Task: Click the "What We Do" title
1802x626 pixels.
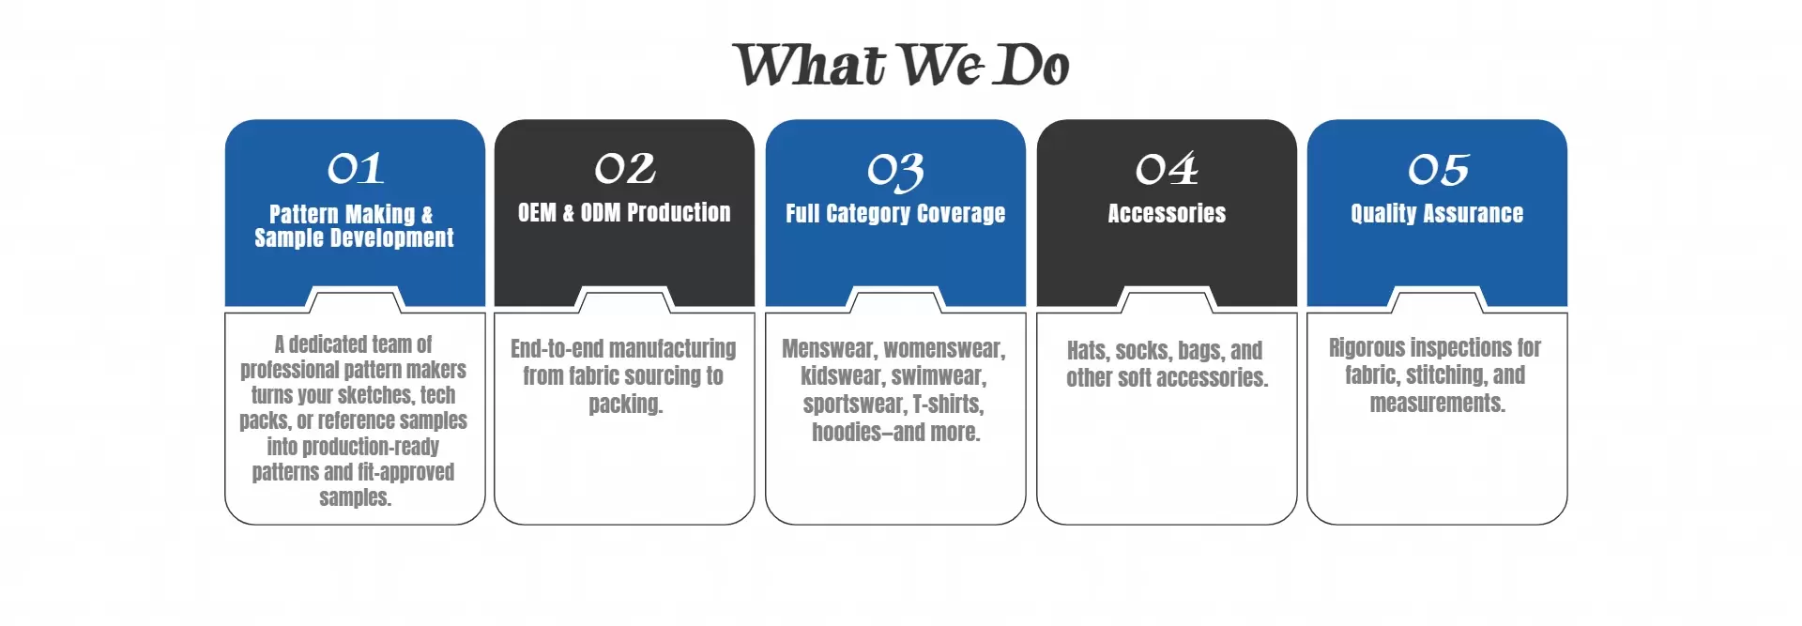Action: pos(901,65)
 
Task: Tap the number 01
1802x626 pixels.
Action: pos(356,169)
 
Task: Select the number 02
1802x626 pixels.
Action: pos(625,169)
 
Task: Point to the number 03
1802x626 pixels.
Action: pos(895,172)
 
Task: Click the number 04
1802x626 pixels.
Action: pos(1167,169)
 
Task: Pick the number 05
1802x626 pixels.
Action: pos(1438,170)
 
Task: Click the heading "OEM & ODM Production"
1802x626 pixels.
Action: pos(624,213)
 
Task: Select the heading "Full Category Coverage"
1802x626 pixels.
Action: pos(895,214)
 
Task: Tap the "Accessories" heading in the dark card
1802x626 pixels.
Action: pos(1167,214)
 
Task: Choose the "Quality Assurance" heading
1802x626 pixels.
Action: pos(1437,214)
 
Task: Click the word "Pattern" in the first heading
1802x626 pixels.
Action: pos(303,215)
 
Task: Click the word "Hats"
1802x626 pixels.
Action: pos(1088,351)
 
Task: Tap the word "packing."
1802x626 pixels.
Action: pos(626,405)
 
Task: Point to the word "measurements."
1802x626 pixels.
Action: pos(1437,404)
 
